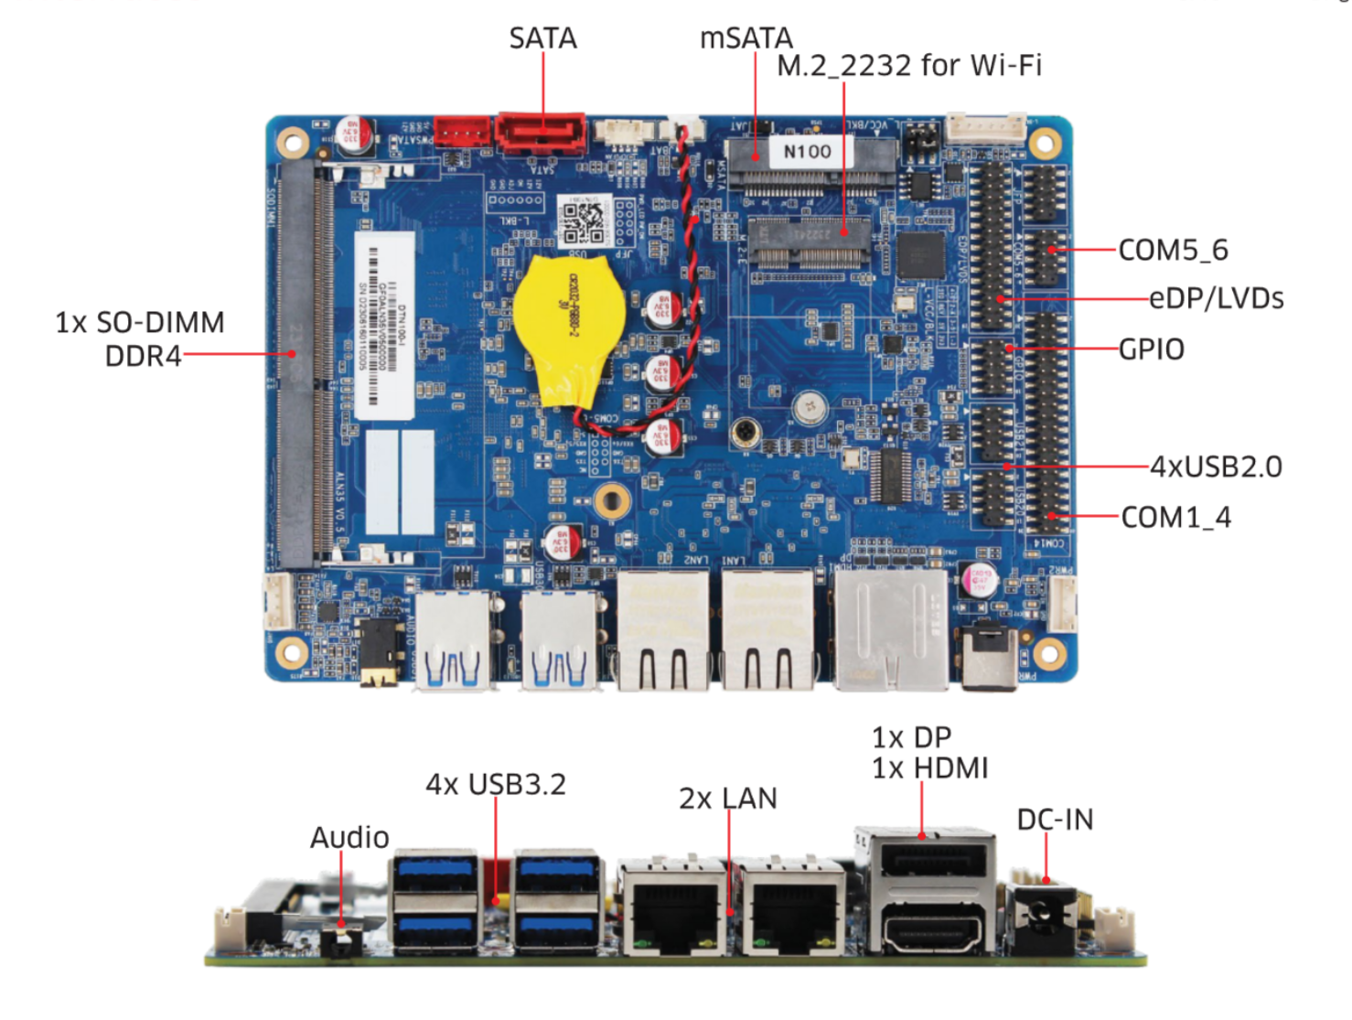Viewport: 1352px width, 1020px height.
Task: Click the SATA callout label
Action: pos(542,38)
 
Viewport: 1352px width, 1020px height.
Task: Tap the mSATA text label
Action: pos(746,38)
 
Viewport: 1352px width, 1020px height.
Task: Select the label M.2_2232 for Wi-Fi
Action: pos(908,66)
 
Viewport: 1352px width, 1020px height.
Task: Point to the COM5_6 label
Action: pos(1173,250)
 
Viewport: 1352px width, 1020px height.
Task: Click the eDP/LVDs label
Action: pos(1216,298)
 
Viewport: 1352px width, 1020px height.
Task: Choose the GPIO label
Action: pos(1151,349)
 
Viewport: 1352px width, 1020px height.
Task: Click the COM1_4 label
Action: pos(1175,518)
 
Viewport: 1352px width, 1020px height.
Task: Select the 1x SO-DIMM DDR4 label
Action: pos(140,338)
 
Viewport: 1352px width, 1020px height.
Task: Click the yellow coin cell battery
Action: pos(568,328)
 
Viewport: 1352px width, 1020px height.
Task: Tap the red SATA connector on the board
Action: pos(541,134)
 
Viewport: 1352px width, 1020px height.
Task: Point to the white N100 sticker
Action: pos(807,152)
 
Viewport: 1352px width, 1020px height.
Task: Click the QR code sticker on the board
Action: pos(583,220)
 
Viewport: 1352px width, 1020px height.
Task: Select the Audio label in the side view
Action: pos(349,837)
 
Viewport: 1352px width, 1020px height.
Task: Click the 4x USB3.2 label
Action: pos(495,784)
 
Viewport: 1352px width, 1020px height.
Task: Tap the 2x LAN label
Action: pos(727,799)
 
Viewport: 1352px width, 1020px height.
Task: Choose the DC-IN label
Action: pos(1055,820)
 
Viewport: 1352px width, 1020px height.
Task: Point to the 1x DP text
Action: pos(911,737)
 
